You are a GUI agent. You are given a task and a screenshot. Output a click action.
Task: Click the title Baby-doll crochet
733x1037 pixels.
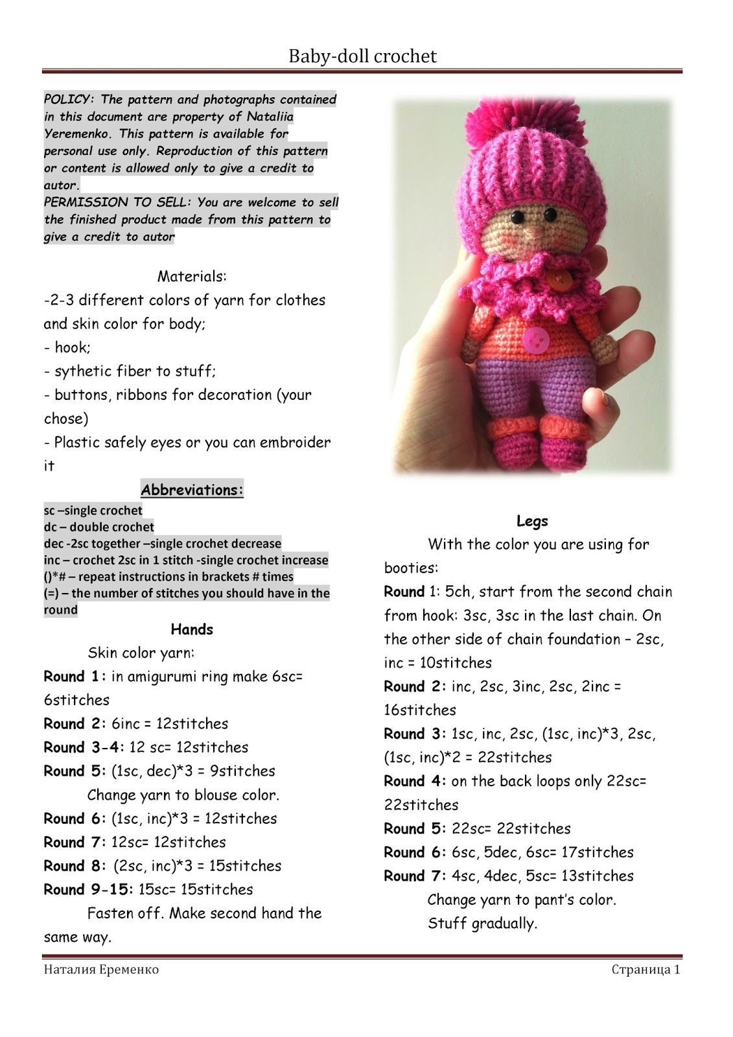[362, 56]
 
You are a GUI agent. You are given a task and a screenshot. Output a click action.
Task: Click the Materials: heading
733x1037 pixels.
[192, 277]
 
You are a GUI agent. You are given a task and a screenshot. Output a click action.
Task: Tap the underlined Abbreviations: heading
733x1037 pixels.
[192, 490]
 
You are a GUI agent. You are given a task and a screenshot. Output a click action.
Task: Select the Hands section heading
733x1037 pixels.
[192, 629]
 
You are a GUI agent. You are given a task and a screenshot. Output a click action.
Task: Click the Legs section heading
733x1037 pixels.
[532, 521]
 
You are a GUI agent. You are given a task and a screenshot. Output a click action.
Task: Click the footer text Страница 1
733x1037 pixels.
[645, 970]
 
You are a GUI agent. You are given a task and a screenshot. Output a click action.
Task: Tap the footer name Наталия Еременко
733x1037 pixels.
[101, 970]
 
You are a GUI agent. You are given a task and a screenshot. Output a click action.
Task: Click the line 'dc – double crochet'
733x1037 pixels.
[99, 527]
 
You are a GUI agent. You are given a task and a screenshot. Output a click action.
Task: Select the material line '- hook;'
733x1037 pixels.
[67, 348]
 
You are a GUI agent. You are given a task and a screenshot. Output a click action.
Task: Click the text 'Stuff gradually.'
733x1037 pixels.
[482, 924]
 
